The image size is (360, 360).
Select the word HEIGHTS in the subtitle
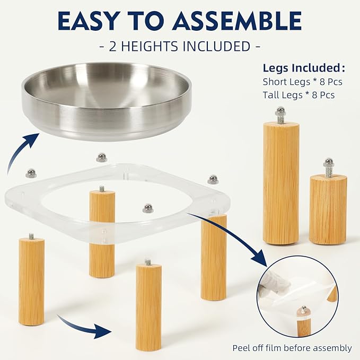(149, 46)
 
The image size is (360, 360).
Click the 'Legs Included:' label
(304, 68)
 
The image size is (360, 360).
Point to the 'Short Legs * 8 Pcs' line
(302, 82)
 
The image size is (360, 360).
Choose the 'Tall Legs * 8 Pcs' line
(298, 95)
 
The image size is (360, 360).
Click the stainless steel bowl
(107, 101)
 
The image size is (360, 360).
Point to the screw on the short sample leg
(329, 168)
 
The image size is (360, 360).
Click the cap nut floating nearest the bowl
(101, 157)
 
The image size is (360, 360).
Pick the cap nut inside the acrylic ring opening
(148, 208)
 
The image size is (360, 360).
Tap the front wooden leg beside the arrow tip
(148, 306)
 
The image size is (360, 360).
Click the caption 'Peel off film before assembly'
(292, 348)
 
